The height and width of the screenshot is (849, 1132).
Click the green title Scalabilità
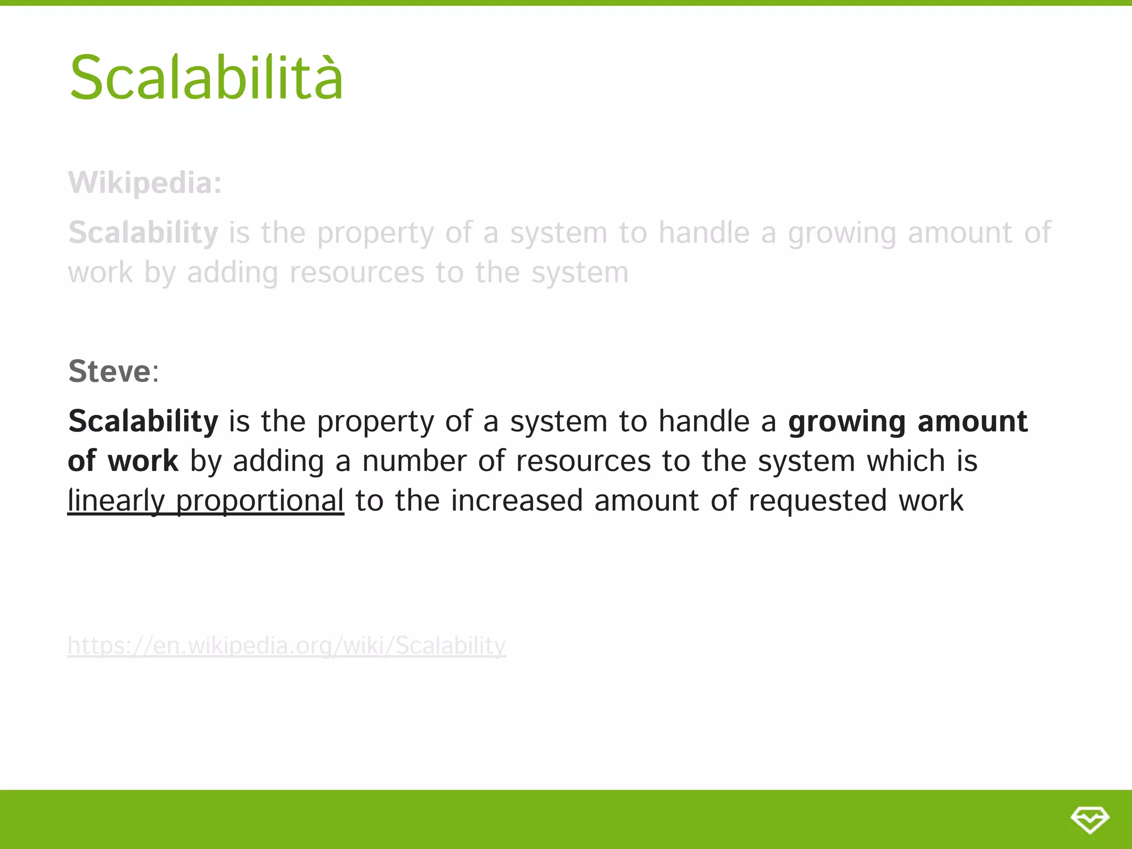point(206,78)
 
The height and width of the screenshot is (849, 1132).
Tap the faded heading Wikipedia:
point(145,183)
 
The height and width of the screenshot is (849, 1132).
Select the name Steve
point(109,371)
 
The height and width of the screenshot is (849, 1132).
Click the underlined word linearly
point(116,501)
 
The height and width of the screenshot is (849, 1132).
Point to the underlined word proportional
point(260,501)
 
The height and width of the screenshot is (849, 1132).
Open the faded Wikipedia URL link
point(286,646)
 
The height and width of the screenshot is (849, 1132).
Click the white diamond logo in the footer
point(1089,819)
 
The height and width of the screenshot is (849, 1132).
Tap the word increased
point(517,501)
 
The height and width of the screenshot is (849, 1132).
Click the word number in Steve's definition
point(414,461)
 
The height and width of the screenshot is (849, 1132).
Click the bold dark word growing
point(847,422)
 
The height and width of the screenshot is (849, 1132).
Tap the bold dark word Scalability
point(143,421)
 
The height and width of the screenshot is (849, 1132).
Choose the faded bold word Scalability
point(143,233)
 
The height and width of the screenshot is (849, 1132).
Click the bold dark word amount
point(972,421)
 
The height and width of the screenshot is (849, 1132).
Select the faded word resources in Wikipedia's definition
point(357,272)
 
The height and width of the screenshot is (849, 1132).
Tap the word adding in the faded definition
point(232,272)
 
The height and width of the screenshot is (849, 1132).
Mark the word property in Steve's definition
point(375,422)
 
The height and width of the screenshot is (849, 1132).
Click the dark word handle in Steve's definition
point(704,421)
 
